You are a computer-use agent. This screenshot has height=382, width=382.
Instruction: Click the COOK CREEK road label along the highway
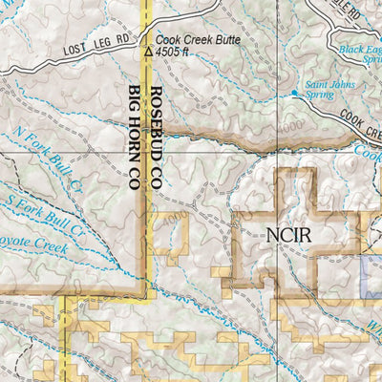tap(359, 122)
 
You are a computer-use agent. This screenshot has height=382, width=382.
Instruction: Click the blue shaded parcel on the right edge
tap(373, 271)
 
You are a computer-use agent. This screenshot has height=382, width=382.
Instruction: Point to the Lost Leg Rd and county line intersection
tap(144, 35)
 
